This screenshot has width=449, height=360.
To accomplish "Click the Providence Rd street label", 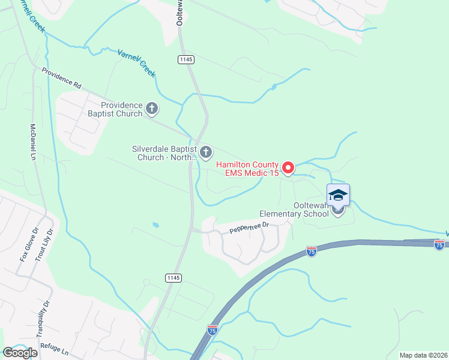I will pyautogui.click(x=61, y=77).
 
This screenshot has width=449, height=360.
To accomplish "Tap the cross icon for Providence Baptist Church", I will pyautogui.click(x=152, y=109).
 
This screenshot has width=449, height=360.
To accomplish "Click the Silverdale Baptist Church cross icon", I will pyautogui.click(x=206, y=152).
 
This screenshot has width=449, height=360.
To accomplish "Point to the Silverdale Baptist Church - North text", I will pyautogui.click(x=164, y=153).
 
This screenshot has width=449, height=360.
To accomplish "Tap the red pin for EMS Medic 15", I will pyautogui.click(x=288, y=168).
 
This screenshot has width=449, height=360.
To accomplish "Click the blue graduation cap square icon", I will pyautogui.click(x=338, y=195).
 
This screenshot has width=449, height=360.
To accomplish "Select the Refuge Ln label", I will pyautogui.click(x=55, y=347).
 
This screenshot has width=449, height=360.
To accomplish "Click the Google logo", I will pyautogui.click(x=20, y=352).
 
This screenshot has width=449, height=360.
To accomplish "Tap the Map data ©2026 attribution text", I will pyautogui.click(x=423, y=355).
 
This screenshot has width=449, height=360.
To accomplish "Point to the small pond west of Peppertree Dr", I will pyautogui.click(x=156, y=226).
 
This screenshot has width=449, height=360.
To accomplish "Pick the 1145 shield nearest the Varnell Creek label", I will pyautogui.click(x=185, y=59).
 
